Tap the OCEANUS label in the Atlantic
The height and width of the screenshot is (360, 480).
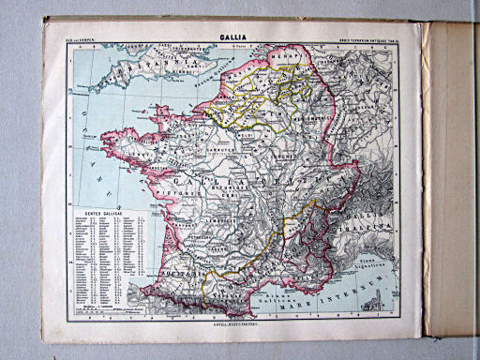[x=71, y=155]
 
